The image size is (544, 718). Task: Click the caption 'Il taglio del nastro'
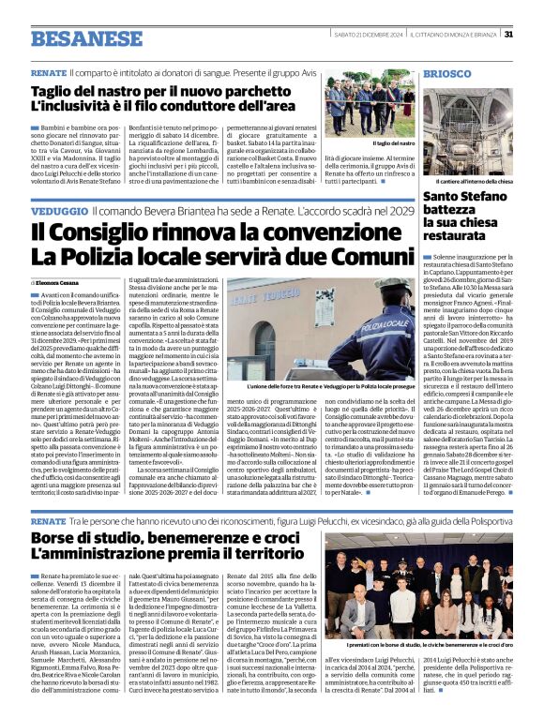point(393,143)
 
